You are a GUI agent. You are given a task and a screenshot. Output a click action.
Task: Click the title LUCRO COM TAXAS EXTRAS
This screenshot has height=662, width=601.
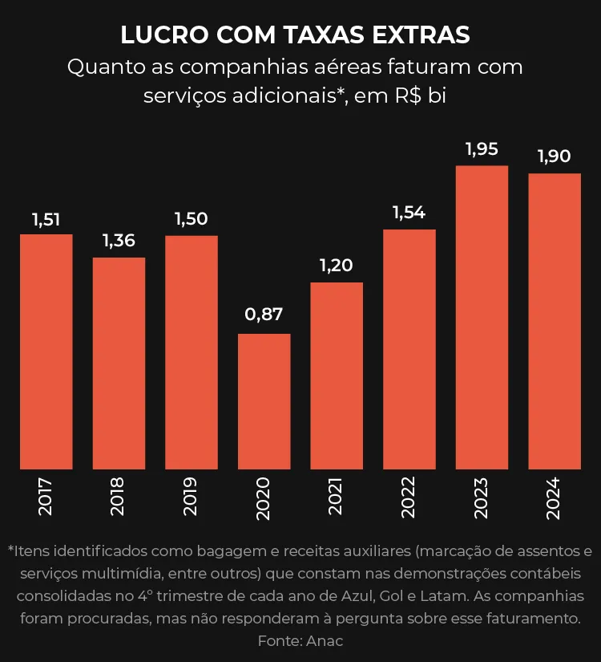pos(295,35)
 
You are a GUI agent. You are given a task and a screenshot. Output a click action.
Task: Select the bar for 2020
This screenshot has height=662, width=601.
pos(264,401)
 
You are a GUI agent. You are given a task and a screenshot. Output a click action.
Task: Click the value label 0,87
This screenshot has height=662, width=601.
pos(264,315)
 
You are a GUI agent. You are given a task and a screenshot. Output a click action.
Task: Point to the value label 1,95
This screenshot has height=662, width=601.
pos(482,148)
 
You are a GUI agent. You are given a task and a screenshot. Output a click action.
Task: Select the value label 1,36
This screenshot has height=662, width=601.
pos(119,240)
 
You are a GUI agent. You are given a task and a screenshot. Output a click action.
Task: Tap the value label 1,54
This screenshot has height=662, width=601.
pos(409,213)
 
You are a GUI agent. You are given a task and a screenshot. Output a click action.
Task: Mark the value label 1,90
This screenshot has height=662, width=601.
pos(554,156)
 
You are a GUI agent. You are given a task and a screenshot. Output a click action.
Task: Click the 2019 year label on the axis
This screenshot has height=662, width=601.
pos(191,497)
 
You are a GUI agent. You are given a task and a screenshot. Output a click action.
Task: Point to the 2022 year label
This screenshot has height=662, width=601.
pos(409,497)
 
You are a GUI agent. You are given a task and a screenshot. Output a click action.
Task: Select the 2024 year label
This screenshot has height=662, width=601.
pos(554,497)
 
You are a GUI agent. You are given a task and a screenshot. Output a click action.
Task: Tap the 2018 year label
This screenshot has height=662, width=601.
pos(119,497)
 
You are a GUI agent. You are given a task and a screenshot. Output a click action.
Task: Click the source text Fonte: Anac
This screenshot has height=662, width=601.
pos(300,642)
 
